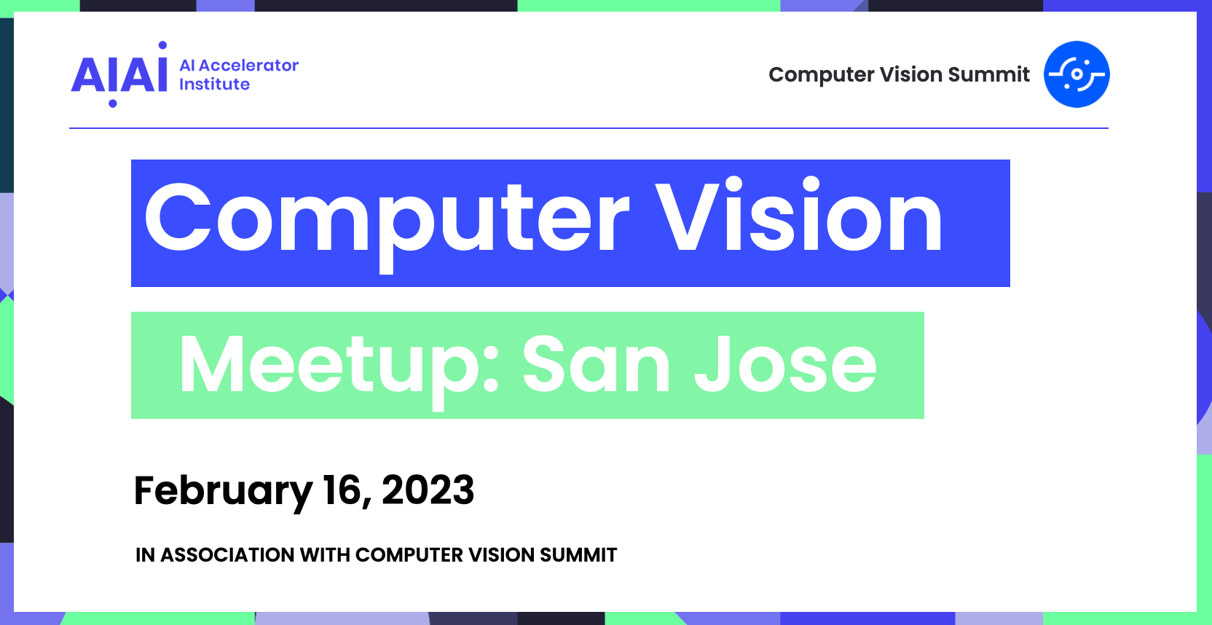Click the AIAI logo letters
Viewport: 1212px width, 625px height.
pos(119,74)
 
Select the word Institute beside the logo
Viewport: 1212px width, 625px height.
pos(214,84)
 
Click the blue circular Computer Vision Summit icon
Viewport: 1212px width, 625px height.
pos(1077,74)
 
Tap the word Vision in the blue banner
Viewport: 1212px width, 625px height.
pos(799,216)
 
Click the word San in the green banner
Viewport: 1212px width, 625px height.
pos(597,364)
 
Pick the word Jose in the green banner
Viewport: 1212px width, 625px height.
pos(785,364)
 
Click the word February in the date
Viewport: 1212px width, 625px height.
pos(223,491)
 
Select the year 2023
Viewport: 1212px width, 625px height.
pos(428,490)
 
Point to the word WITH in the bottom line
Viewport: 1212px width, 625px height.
pos(325,554)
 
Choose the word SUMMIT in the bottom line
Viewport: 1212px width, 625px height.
pos(578,554)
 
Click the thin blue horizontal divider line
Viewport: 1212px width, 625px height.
pos(589,128)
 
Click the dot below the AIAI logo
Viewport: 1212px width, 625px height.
pos(113,103)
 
